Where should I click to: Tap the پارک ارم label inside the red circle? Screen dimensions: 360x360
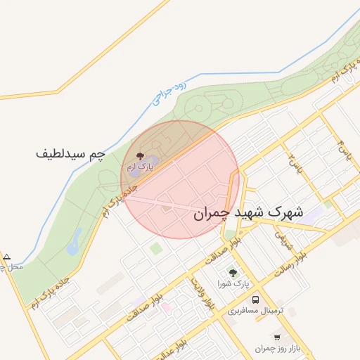[x=139, y=167]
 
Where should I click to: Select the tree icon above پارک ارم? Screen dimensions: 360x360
[x=139, y=156]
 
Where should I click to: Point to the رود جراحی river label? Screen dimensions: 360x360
[x=170, y=94]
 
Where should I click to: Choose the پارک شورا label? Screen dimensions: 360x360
[x=232, y=284]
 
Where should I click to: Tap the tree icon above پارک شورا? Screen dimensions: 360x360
[x=232, y=273]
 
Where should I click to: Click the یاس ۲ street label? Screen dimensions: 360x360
[x=294, y=164]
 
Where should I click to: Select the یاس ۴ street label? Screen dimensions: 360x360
[x=344, y=150]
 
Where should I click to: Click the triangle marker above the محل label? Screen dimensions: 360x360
[x=7, y=257]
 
